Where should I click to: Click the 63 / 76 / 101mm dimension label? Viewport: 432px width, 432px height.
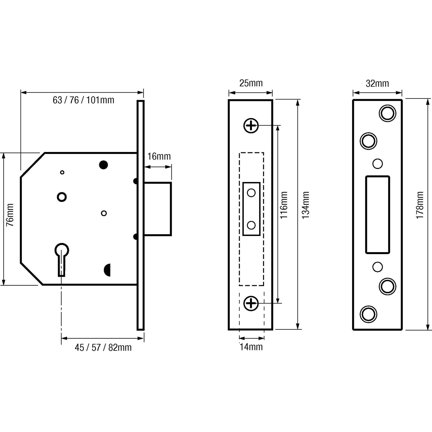click(83, 100)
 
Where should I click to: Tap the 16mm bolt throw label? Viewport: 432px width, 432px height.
click(159, 156)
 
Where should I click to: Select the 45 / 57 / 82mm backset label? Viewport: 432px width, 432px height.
click(103, 347)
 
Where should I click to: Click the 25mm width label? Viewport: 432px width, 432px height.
click(251, 83)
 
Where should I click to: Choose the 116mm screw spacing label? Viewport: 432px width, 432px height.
click(284, 205)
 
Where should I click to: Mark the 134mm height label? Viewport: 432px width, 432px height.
click(305, 205)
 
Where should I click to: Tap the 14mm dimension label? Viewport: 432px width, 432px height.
click(251, 347)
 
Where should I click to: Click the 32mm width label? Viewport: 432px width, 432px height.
click(377, 84)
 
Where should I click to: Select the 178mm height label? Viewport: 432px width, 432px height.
click(420, 205)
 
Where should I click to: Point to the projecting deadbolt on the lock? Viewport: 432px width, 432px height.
click(158, 209)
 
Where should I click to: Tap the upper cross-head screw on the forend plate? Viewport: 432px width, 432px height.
click(251, 126)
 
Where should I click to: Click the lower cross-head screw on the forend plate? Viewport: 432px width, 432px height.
click(251, 303)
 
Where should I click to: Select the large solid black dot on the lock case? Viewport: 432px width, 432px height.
click(103, 165)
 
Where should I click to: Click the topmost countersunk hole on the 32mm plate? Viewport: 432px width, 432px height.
click(387, 113)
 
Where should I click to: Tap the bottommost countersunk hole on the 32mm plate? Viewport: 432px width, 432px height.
click(369, 314)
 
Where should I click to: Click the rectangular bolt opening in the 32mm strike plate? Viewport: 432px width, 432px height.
click(377, 215)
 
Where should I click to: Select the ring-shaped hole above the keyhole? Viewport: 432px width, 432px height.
click(62, 197)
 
